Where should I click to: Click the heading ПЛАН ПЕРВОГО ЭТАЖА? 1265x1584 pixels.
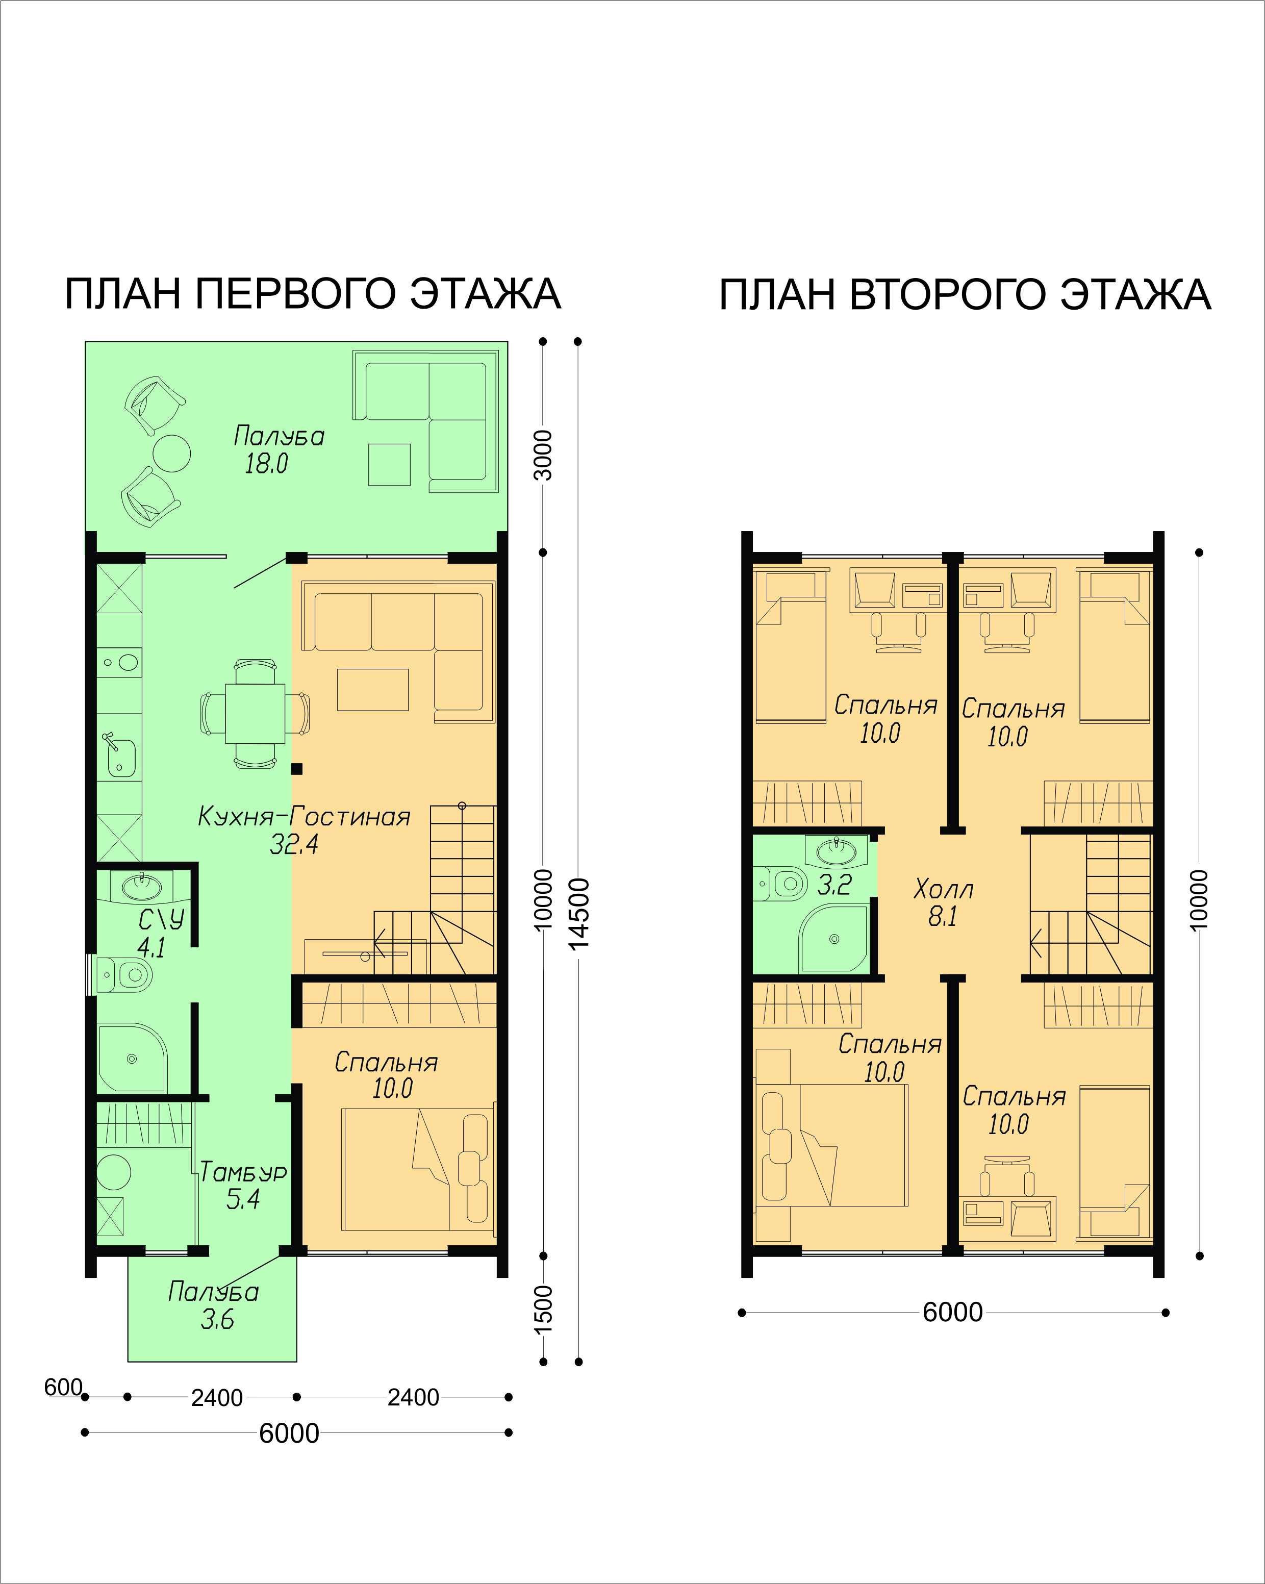(x=313, y=294)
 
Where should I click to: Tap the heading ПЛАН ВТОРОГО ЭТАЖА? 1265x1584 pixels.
(x=965, y=295)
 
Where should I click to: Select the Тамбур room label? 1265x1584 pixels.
(x=243, y=1171)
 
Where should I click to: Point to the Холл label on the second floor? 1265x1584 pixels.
(x=943, y=889)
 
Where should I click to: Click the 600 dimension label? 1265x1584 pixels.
(x=63, y=1387)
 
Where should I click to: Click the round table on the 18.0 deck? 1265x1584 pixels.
(x=172, y=454)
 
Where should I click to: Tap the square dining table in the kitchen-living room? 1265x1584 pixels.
(x=255, y=714)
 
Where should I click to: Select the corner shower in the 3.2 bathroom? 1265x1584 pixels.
(x=834, y=938)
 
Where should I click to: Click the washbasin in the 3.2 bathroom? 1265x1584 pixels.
(x=836, y=851)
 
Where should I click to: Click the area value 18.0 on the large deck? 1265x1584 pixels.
(x=266, y=464)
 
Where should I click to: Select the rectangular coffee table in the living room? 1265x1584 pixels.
(x=372, y=689)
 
